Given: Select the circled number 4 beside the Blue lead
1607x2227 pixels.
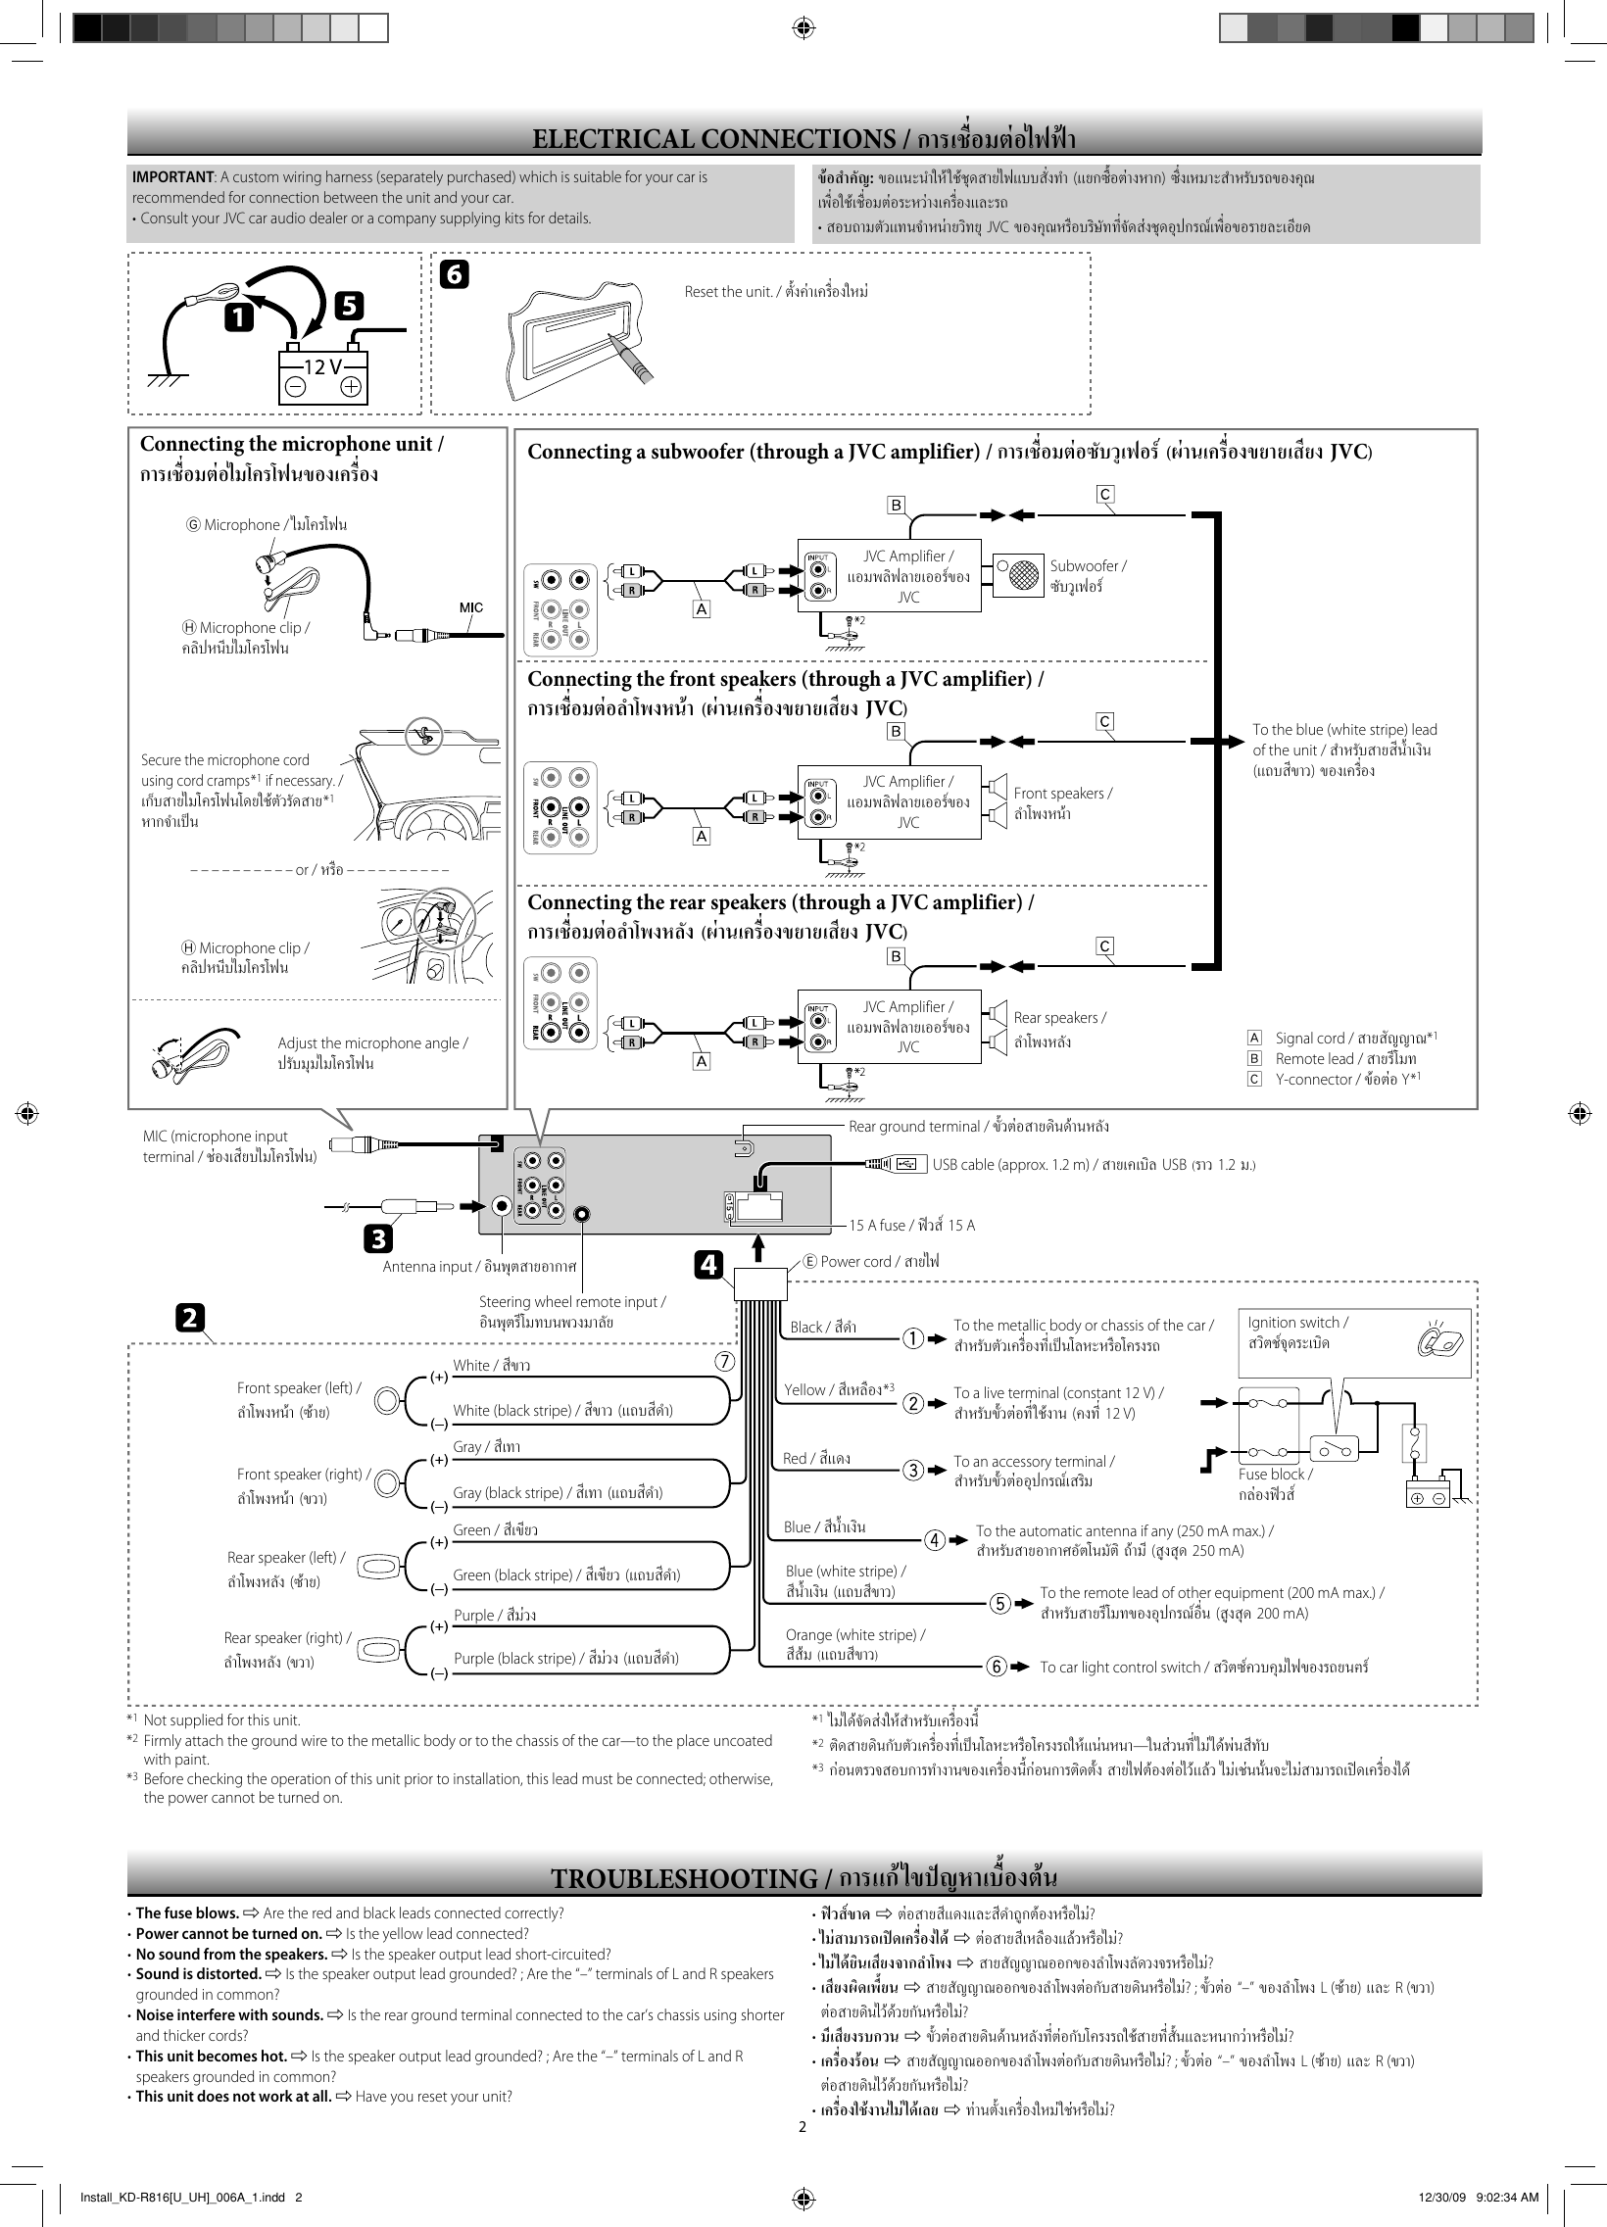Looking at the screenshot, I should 935,1539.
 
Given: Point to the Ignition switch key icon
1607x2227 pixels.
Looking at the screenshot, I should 1441,1339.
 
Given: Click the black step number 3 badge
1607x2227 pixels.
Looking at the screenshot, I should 377,1239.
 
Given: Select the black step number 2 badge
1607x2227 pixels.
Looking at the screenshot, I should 190,1317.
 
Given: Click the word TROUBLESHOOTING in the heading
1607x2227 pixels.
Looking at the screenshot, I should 684,1879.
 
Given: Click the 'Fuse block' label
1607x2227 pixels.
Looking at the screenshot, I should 1275,1475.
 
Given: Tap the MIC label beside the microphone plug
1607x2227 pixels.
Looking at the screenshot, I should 471,607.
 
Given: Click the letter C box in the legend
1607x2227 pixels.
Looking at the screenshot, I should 1254,1079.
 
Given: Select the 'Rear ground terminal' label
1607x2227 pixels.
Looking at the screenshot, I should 913,1127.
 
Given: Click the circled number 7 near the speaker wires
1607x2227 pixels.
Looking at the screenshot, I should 724,1361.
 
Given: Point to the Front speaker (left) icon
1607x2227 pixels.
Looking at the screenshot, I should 389,1400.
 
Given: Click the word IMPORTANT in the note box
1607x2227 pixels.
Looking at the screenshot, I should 172,177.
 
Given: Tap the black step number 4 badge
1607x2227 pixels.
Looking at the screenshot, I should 708,1266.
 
